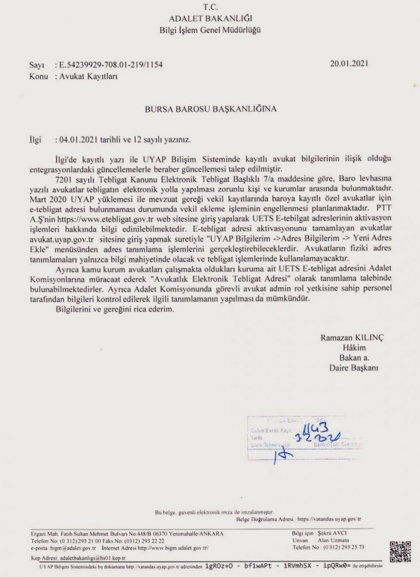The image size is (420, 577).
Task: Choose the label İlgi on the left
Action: pos(36,139)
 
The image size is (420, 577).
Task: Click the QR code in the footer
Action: pos(400,552)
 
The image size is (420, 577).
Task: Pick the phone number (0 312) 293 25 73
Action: pos(346,547)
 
